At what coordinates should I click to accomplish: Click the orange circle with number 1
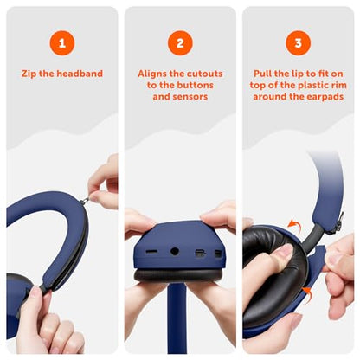coord(62,43)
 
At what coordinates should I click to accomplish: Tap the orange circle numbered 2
coord(180,43)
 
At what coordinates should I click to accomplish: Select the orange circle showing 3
coord(298,43)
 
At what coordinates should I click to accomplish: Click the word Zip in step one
coord(29,74)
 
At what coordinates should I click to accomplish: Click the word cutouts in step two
coord(202,74)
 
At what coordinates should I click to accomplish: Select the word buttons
coord(195,85)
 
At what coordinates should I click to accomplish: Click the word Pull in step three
coord(262,74)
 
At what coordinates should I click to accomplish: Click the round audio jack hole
coord(175,251)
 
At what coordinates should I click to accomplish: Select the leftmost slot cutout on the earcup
coord(151,252)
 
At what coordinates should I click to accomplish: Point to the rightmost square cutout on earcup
coord(218,254)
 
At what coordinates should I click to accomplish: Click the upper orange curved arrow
coord(294,225)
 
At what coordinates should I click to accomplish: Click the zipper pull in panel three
coord(340,222)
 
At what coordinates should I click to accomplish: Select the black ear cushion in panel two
coord(178,276)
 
